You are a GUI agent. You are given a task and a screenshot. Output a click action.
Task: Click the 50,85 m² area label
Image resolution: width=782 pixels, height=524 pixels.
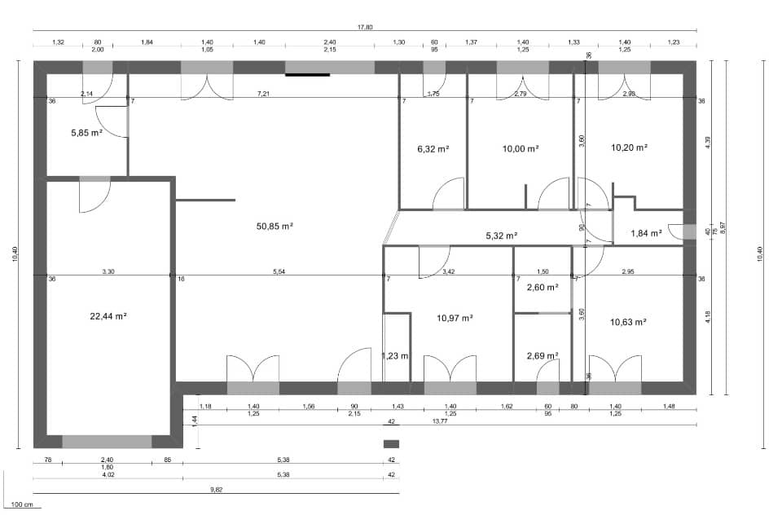[x=275, y=226]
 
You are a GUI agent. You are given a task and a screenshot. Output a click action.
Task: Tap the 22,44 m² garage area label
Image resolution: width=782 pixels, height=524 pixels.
[x=108, y=315]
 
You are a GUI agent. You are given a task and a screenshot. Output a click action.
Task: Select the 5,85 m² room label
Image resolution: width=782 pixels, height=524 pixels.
[x=86, y=132]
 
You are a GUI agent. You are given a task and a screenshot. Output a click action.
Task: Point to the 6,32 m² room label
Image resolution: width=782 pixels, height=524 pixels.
[x=433, y=149]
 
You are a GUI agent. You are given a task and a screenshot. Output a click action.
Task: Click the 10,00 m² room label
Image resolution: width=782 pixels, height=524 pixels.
[x=521, y=149]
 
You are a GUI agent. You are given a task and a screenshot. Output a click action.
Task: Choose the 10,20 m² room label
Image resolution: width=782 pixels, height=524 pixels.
[x=629, y=148]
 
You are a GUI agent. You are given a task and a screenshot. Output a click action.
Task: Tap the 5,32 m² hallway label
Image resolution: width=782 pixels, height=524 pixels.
[x=503, y=236]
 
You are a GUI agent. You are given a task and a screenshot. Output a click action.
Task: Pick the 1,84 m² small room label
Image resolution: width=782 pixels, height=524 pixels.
[x=647, y=234]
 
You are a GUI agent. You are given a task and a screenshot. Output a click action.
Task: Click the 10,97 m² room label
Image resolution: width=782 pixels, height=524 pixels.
[x=455, y=319]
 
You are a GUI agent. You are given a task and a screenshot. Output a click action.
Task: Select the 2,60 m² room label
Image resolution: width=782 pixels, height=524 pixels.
[x=542, y=288]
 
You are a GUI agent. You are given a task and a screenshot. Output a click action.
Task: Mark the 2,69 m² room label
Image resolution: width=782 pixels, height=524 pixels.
[x=542, y=356]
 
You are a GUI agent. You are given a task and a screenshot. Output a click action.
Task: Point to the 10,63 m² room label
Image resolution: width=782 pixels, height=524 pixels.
[x=628, y=322]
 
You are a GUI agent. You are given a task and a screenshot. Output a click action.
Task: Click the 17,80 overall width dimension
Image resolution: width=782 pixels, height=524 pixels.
[x=364, y=27]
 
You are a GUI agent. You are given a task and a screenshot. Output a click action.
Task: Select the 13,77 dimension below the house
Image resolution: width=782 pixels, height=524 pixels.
[x=440, y=421]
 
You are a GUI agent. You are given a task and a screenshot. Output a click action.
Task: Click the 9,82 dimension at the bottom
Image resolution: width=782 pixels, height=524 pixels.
[x=216, y=489]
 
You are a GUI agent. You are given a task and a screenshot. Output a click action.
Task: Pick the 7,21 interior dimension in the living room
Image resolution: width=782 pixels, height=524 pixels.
[x=263, y=95]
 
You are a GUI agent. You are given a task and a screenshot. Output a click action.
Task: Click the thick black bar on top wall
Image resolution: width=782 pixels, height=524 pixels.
[x=307, y=75]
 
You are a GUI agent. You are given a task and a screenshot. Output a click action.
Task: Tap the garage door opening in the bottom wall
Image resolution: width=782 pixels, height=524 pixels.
[x=107, y=442]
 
